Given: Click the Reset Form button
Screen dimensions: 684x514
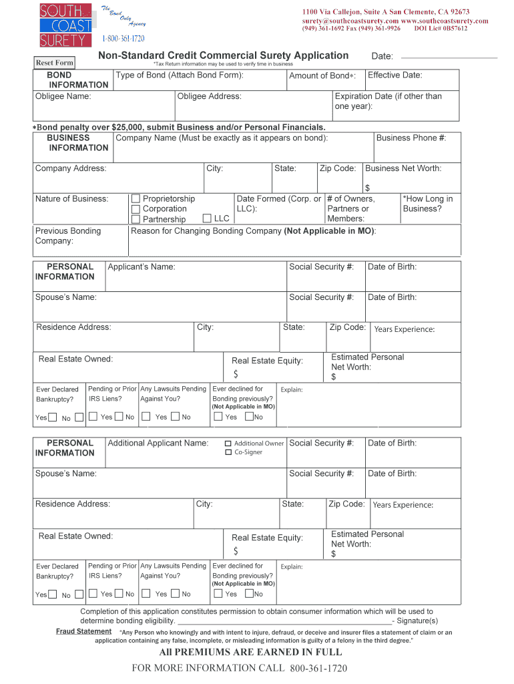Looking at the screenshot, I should click(x=55, y=63).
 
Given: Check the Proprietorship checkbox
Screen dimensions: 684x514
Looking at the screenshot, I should click(x=136, y=199).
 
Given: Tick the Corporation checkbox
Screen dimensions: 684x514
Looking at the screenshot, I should click(x=136, y=209).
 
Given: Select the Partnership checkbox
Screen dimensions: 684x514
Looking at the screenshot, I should click(x=136, y=220).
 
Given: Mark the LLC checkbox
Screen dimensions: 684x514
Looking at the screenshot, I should click(x=207, y=218).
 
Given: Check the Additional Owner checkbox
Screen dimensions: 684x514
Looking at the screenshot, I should click(x=228, y=444).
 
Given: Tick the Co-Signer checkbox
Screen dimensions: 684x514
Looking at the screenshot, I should click(x=228, y=453).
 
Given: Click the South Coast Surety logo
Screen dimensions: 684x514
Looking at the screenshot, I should click(x=65, y=25).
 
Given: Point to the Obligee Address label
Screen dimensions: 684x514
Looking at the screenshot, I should click(x=210, y=96).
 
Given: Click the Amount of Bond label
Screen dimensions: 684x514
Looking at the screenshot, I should click(x=322, y=76).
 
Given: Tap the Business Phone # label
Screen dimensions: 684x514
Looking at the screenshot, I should click(x=411, y=138).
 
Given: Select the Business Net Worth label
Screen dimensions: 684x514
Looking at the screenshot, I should click(x=403, y=168).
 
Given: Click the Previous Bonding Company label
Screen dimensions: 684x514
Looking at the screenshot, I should click(x=68, y=236).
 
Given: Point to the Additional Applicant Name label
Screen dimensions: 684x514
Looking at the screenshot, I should click(x=158, y=443).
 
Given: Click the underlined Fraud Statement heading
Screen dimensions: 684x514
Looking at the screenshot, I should click(x=83, y=631).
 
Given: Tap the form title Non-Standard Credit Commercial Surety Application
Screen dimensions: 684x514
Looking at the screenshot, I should click(x=224, y=55).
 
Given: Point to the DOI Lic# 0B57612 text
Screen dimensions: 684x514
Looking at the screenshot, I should click(x=441, y=29).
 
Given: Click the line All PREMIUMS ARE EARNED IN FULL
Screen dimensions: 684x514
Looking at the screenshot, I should click(x=250, y=652).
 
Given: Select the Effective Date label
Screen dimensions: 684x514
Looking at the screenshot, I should click(x=395, y=75).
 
